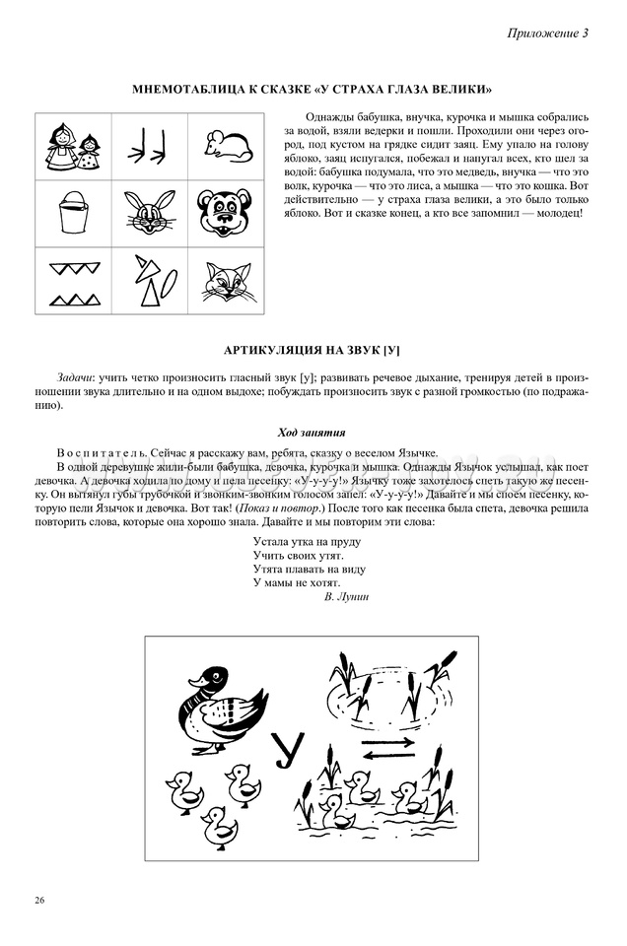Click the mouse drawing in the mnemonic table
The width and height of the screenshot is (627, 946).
[x=227, y=144]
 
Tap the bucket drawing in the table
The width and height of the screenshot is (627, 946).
[x=74, y=211]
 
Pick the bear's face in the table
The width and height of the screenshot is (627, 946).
[x=227, y=211]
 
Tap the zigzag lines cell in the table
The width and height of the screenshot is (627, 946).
[x=74, y=280]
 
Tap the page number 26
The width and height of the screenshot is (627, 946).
[x=38, y=900]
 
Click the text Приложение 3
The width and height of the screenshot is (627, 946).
[x=548, y=33]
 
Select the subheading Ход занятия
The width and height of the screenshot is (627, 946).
[x=312, y=433]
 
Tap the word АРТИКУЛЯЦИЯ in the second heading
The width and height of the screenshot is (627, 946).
[x=275, y=351]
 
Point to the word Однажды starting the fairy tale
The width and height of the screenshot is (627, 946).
[x=330, y=116]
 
